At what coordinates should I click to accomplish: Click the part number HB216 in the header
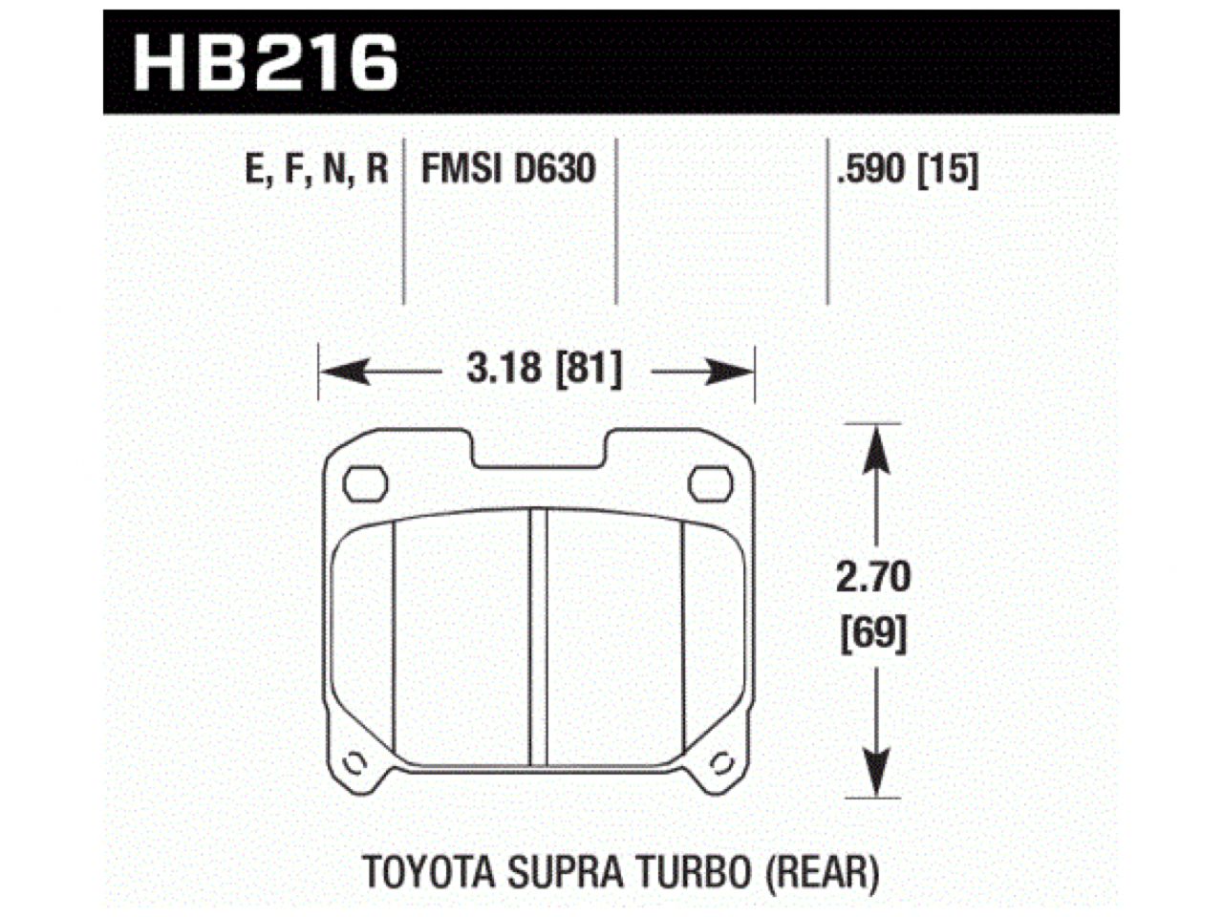point(266,64)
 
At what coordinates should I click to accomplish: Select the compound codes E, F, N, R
point(317,170)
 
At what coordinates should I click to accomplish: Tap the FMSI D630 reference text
point(509,170)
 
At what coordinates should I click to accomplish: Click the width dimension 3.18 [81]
point(544,370)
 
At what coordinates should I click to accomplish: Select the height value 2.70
point(873,578)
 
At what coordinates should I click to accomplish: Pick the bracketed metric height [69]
point(873,633)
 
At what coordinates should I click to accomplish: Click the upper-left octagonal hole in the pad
point(365,484)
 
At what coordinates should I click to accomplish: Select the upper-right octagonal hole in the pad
point(710,484)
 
